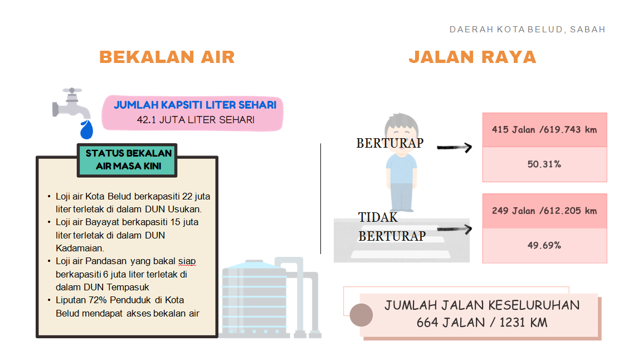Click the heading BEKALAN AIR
point(167,57)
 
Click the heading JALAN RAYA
point(472,57)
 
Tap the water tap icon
point(69,103)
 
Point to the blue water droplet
point(86,129)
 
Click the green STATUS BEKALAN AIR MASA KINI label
point(129,159)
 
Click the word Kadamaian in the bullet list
point(80,248)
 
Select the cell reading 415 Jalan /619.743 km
point(544,130)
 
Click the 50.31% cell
point(544,164)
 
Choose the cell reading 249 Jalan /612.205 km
point(544,211)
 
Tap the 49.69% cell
point(544,245)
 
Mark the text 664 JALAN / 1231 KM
point(481,322)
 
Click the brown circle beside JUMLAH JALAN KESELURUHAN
point(361,315)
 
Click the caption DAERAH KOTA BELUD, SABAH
point(527,30)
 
